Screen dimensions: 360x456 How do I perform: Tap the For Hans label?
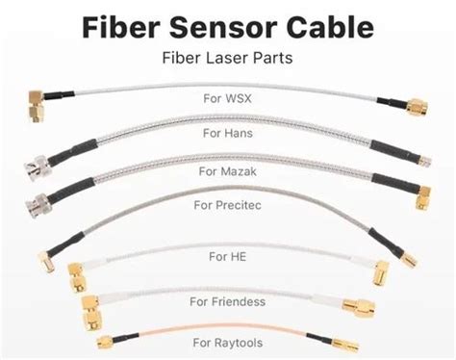tap(227, 134)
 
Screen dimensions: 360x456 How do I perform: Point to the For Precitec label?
tap(228, 205)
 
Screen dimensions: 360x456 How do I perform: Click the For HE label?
tap(228, 256)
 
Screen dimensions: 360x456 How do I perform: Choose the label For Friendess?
tap(228, 302)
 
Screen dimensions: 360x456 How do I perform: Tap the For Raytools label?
tap(228, 344)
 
